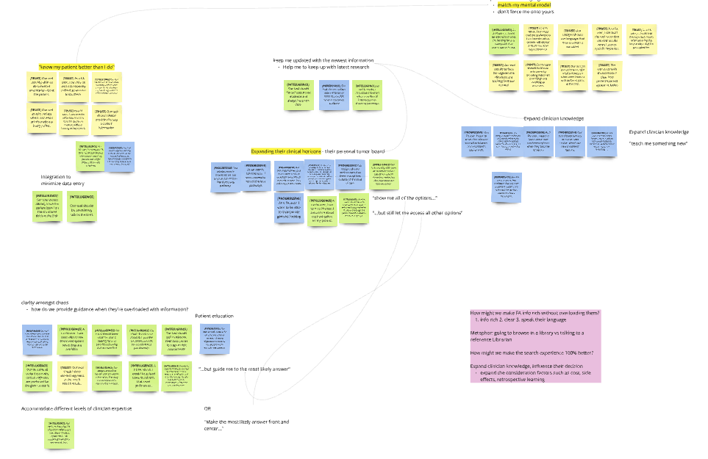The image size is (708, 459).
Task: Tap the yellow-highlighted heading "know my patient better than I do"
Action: (x=77, y=67)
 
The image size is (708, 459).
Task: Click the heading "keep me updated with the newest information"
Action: (x=323, y=60)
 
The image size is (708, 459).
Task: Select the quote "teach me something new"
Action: (x=658, y=142)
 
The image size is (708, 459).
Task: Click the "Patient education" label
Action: (x=215, y=316)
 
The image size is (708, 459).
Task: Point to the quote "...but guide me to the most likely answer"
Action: (x=246, y=369)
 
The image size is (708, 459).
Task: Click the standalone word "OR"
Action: (x=207, y=408)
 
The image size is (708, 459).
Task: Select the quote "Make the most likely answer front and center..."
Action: (x=246, y=424)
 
